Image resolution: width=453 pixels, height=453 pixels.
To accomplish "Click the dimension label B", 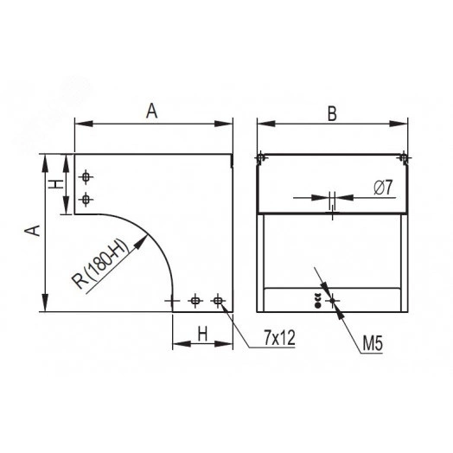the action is pyautogui.click(x=332, y=113).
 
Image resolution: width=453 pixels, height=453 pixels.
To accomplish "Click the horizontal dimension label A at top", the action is pyautogui.click(x=151, y=112).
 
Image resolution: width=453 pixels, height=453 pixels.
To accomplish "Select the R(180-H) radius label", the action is pyautogui.click(x=100, y=264).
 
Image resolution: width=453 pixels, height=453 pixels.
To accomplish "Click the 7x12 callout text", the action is pyautogui.click(x=279, y=337).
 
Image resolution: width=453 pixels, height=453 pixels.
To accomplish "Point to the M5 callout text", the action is pyautogui.click(x=373, y=343).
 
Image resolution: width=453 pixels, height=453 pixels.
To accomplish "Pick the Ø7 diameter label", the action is pyautogui.click(x=383, y=187).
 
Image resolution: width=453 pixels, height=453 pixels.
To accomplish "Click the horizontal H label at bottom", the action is pyautogui.click(x=202, y=335).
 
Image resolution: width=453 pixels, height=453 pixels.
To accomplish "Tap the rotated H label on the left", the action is pyautogui.click(x=55, y=184).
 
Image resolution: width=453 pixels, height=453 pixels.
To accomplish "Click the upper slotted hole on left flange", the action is pyautogui.click(x=86, y=176).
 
